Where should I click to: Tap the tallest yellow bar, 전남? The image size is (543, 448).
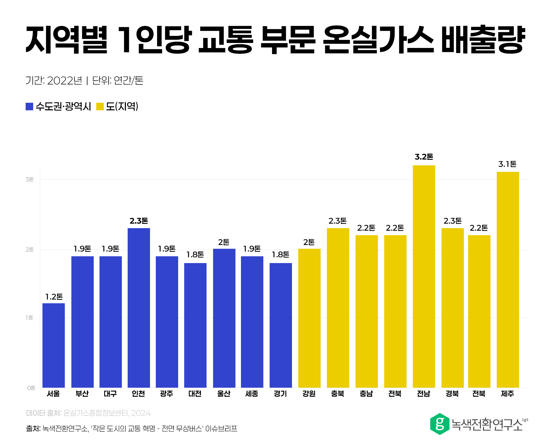tap(423, 276)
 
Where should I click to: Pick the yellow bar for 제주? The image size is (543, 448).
tap(507, 279)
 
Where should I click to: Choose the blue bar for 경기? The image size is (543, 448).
tap(280, 325)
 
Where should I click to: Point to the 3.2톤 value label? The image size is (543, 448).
tap(423, 157)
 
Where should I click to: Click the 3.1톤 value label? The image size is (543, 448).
tap(507, 164)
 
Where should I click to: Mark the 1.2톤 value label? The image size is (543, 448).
tap(54, 296)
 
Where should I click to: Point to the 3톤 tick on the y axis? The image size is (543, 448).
tap(29, 179)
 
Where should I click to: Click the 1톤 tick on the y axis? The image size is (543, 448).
tap(29, 317)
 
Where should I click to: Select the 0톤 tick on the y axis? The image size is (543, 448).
tap(31, 388)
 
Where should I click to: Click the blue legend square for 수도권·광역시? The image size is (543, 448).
tap(29, 106)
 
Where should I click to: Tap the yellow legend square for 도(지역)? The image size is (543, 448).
tap(100, 106)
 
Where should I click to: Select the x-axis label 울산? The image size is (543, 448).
tap(223, 393)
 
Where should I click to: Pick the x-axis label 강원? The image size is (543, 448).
tap(309, 393)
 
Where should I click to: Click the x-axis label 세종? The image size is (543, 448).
tap(252, 393)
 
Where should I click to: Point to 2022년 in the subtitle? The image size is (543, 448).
tap(64, 80)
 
